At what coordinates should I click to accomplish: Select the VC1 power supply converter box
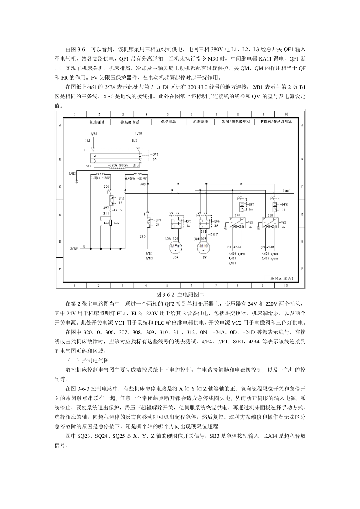[x=238, y=222]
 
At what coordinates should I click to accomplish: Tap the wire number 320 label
[x=142, y=237]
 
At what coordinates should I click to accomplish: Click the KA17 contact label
[x=215, y=234]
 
